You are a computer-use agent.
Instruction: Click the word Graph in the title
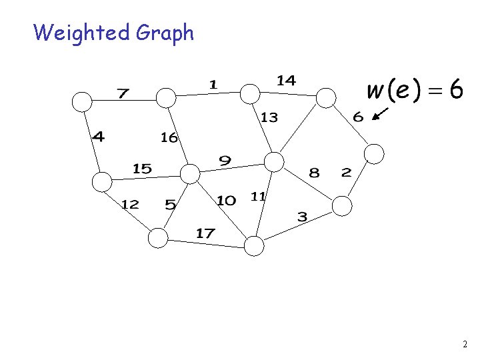tap(165, 33)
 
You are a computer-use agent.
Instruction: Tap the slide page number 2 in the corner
tap(464, 345)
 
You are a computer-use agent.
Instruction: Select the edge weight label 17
tap(205, 233)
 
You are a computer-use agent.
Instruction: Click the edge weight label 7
tap(123, 93)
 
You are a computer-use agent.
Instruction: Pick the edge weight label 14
tap(286, 81)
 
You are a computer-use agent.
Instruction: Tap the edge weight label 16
tap(169, 138)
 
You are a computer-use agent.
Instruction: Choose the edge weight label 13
tap(269, 117)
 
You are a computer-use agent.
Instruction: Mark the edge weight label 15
tap(142, 169)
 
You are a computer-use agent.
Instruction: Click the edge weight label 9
tap(225, 160)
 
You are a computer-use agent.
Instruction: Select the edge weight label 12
tap(129, 204)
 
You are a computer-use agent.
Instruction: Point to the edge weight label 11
tap(258, 196)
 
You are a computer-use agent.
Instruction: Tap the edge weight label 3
tap(302, 217)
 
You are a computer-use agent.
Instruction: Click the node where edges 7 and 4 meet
tap(81, 101)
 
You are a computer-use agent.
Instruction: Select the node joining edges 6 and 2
tap(375, 154)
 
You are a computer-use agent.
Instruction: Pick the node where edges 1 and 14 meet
tap(249, 93)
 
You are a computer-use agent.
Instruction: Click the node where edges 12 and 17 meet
tap(158, 237)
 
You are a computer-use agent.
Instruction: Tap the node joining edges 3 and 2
tap(341, 205)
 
